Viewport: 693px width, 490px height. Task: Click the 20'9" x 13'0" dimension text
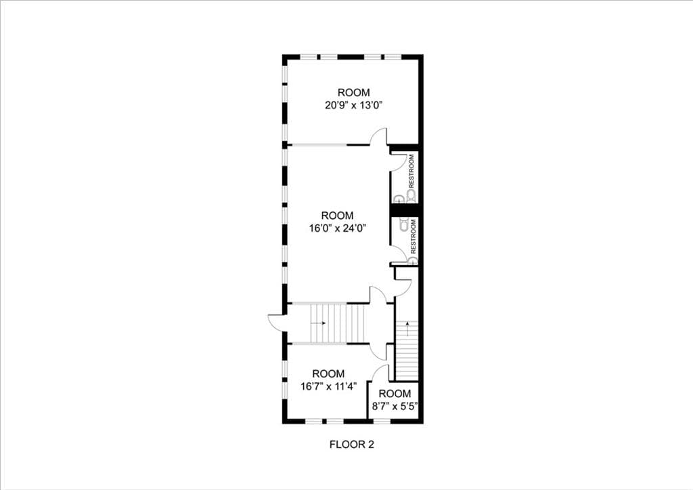pos(355,105)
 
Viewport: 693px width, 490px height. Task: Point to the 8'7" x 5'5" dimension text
pos(395,407)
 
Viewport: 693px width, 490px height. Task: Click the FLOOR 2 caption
pos(351,445)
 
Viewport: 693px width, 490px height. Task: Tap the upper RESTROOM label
pos(411,171)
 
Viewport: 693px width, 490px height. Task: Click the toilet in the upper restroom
pos(411,197)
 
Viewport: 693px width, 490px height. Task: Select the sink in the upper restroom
pos(399,199)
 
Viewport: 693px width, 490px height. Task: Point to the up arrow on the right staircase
pos(407,326)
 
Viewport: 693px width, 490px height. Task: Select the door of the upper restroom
pos(400,158)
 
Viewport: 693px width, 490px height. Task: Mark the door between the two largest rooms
pos(378,136)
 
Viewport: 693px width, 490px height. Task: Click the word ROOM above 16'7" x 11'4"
pos(328,373)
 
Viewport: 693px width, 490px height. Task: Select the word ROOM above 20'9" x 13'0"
pos(355,92)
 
